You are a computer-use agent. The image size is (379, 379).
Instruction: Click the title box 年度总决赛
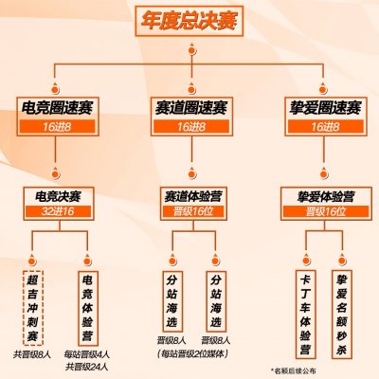tap(189, 21)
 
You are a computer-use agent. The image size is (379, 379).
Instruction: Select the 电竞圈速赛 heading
tap(58, 108)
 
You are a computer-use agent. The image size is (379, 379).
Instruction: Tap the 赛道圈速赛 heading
tap(191, 108)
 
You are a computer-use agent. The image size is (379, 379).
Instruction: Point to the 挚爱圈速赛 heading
tap(325, 108)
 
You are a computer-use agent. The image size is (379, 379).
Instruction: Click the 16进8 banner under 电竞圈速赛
tap(58, 127)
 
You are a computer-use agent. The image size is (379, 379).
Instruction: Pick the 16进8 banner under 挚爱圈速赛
tap(325, 127)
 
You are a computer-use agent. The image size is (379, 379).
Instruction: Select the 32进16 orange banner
tap(58, 211)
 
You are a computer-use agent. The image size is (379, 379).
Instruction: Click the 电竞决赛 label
tap(58, 197)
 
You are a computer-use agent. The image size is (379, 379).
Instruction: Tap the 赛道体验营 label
tap(193, 197)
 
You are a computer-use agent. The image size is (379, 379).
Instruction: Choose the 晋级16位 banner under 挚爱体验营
tap(326, 211)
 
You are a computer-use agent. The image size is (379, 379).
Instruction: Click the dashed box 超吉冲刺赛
tap(32, 308)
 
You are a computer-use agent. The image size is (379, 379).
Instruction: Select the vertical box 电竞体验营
tap(87, 308)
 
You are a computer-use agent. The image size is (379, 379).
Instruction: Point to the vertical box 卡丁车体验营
tap(305, 315)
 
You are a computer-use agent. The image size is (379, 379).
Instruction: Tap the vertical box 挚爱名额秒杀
tap(341, 315)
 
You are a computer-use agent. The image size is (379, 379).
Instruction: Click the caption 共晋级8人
tap(32, 354)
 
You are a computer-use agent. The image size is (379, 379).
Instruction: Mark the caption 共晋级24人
tap(87, 367)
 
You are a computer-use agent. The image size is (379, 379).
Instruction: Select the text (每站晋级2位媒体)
tap(192, 353)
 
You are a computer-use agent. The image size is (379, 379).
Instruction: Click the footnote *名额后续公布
tap(294, 370)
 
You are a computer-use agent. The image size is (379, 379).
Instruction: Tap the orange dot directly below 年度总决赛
tap(192, 50)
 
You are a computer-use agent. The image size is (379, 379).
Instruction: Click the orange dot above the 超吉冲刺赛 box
tap(32, 261)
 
